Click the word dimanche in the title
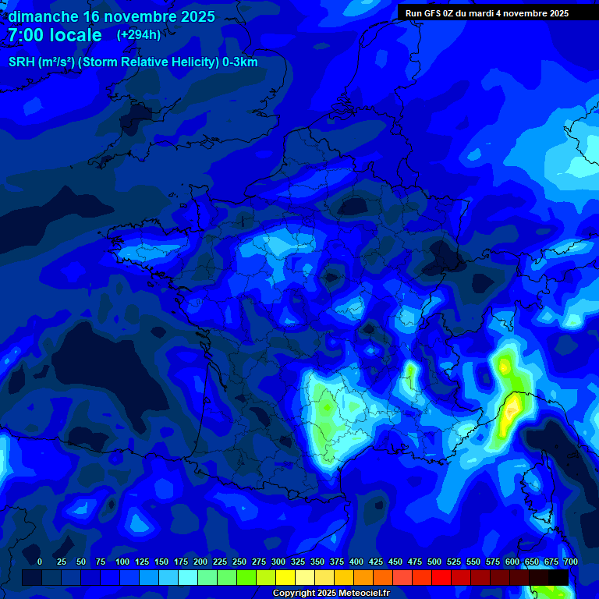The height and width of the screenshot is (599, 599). click(x=43, y=16)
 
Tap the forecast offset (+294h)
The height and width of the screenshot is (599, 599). click(x=138, y=35)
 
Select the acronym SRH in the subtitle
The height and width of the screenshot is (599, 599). click(x=23, y=62)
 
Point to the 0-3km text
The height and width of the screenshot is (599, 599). click(x=239, y=62)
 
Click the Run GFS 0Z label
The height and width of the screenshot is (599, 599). click(x=430, y=13)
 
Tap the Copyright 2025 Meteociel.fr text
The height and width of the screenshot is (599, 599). click(x=331, y=594)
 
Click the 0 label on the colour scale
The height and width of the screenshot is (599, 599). click(x=40, y=562)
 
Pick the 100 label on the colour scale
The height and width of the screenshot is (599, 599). click(x=122, y=562)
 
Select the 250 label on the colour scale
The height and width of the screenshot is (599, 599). click(x=239, y=562)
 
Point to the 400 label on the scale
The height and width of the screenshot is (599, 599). click(x=356, y=562)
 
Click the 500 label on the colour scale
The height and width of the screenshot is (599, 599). click(x=434, y=562)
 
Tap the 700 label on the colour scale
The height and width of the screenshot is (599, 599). click(x=570, y=562)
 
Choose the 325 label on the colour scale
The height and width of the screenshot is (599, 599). click(x=298, y=562)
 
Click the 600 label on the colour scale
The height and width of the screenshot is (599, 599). click(x=512, y=562)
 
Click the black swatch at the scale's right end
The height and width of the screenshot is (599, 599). click(x=558, y=577)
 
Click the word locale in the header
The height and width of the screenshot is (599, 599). click(x=74, y=35)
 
